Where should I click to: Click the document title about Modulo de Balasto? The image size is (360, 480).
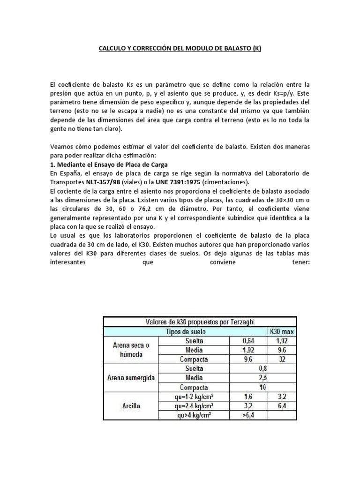pos(180,48)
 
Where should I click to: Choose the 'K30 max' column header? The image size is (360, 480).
pos(282,331)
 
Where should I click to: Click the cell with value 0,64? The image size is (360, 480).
pos(248,340)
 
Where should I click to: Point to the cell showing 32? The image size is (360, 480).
pos(282,359)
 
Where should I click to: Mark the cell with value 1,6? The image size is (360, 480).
pos(248,397)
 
